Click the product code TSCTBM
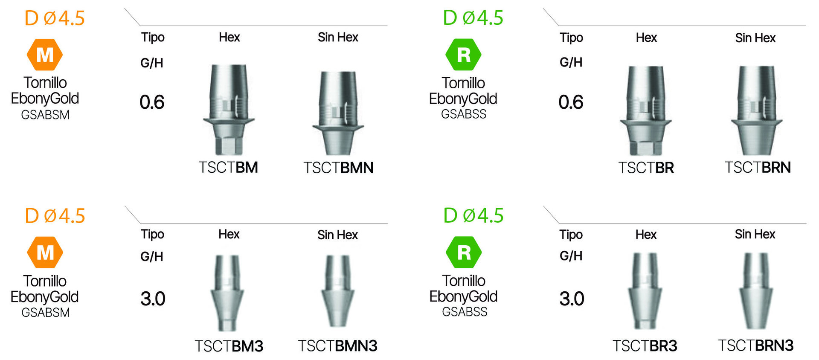tap(228, 167)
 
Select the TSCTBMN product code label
tap(338, 168)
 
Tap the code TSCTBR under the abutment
tap(646, 168)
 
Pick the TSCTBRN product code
tap(758, 167)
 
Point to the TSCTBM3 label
tap(229, 346)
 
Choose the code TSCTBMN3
tap(337, 345)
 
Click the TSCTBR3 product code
tap(645, 345)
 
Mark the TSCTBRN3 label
tap(755, 345)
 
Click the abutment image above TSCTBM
tap(229, 110)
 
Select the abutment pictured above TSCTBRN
tap(756, 110)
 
